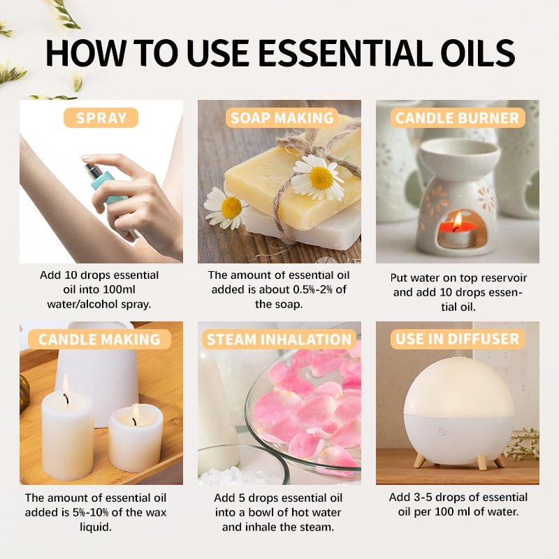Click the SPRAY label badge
pyautogui.click(x=101, y=117)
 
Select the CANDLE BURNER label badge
pyautogui.click(x=458, y=117)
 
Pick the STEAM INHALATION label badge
pyautogui.click(x=279, y=340)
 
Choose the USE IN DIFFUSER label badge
pyautogui.click(x=458, y=340)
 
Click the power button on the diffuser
pyautogui.click(x=442, y=430)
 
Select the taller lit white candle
pyautogui.click(x=67, y=433)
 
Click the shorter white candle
pyautogui.click(x=135, y=437)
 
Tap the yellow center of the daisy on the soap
pyautogui.click(x=321, y=178)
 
